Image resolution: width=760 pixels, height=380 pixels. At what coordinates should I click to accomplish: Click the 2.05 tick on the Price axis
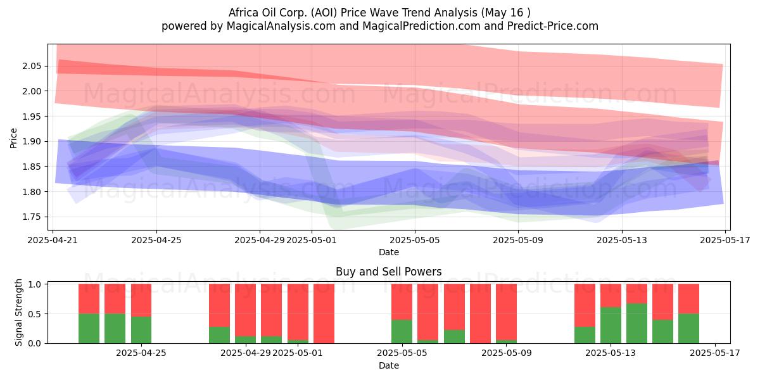32,66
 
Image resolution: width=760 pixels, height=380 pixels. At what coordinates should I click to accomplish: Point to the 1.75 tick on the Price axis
32,217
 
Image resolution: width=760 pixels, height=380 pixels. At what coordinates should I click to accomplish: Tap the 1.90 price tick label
32,141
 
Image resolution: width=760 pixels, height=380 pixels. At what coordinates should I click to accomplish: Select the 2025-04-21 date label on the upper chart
53,240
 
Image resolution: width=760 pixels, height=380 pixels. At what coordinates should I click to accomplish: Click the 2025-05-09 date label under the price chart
518,240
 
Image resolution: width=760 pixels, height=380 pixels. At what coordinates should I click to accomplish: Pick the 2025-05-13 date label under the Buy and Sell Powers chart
611,353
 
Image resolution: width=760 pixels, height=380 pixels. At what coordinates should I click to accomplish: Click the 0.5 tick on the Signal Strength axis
35,314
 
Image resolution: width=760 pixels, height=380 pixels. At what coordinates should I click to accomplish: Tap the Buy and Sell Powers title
389,272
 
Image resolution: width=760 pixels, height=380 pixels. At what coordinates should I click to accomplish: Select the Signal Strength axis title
18,312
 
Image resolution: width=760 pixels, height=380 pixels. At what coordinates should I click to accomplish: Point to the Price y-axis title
13,138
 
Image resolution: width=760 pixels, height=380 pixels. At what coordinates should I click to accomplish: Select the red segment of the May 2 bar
324,313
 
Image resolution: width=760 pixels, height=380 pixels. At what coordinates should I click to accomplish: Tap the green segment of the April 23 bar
115,329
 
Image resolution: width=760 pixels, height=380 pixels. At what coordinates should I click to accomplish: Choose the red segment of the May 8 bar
481,313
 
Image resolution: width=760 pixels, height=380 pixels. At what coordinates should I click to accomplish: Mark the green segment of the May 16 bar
689,329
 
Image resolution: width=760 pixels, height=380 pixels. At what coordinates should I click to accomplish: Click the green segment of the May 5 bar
402,331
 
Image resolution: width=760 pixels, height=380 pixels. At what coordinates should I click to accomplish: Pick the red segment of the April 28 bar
220,305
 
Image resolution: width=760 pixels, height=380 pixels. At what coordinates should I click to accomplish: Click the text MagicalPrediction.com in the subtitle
421,26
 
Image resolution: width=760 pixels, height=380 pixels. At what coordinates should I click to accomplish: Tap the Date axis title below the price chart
389,252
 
